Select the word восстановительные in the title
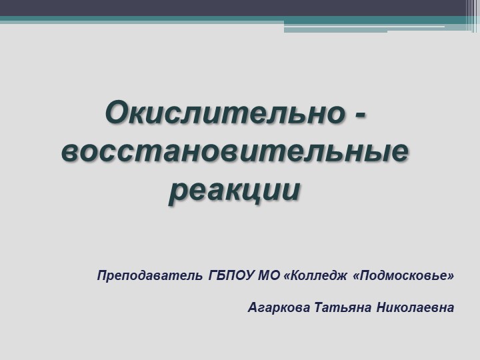click(235, 152)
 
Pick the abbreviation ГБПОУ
click(228, 275)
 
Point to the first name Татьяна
click(343, 308)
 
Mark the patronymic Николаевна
click(415, 308)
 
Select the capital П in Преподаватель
click(102, 275)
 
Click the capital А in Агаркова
click(252, 308)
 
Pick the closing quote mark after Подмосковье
click(451, 274)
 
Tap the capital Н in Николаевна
click(381, 308)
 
